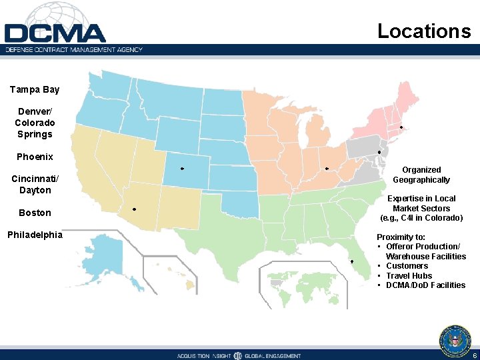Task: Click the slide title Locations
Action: [424, 31]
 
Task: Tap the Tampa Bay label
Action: [35, 89]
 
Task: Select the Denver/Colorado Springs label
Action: [35, 123]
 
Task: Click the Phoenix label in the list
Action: [35, 157]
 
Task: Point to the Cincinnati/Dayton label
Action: [35, 184]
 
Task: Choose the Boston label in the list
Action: [35, 213]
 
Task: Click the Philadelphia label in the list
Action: [35, 235]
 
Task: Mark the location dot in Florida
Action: [352, 261]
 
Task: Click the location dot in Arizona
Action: [134, 209]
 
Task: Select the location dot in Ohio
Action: [327, 169]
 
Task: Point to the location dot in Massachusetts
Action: [401, 127]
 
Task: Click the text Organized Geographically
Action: [421, 175]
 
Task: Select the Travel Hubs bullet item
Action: [409, 275]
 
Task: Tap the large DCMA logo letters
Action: [55, 33]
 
